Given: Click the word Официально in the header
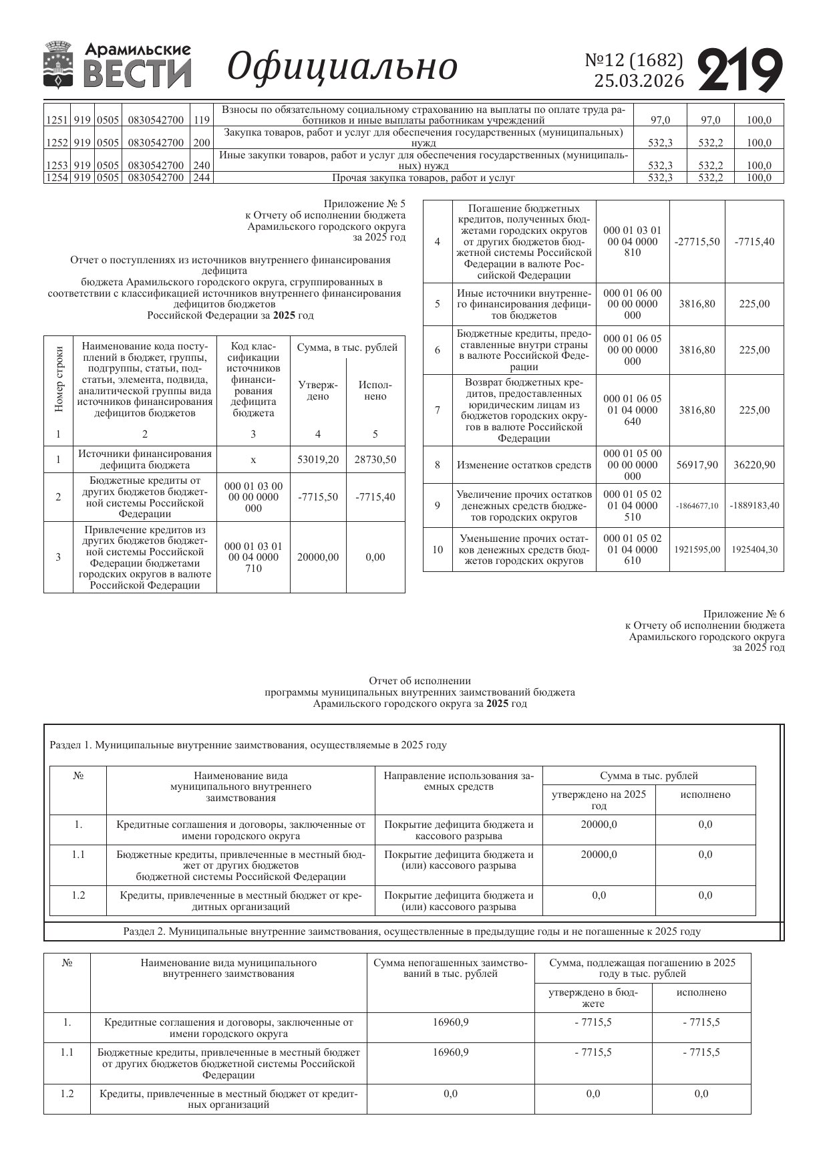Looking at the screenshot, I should tap(343, 66).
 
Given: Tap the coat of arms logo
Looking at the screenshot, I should tap(59, 65).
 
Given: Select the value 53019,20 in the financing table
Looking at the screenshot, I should tap(318, 460).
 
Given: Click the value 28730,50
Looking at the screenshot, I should tap(375, 460).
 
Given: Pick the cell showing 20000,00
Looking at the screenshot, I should tap(318, 557).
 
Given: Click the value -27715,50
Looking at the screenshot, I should tap(697, 242).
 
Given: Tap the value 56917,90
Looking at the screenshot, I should tap(697, 465).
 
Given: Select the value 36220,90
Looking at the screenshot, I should tap(754, 465).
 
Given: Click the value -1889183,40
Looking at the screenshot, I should tap(754, 506).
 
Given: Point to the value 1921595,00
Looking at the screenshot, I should tap(697, 550).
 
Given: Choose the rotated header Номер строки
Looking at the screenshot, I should tap(59, 379).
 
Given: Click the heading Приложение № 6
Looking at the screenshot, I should tap(743, 614).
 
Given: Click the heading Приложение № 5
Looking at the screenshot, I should tap(364, 204).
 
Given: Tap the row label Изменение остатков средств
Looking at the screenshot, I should tap(524, 465).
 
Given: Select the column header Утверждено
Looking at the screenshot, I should tap(318, 391).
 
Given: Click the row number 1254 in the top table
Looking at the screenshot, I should tap(56, 178).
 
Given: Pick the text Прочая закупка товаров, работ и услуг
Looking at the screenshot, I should tap(424, 178).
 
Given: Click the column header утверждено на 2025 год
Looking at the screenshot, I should tap(599, 800).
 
